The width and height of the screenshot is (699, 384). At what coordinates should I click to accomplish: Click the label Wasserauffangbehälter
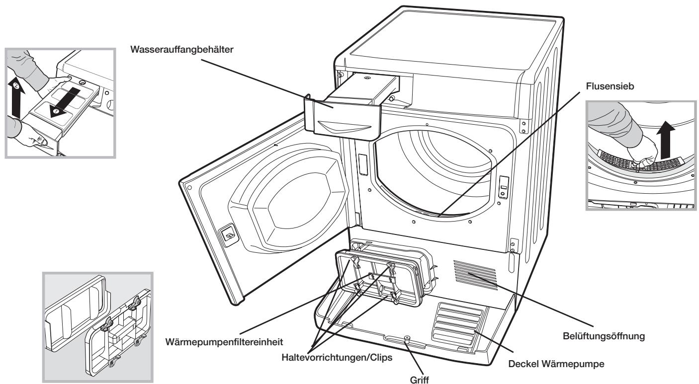coord(181,50)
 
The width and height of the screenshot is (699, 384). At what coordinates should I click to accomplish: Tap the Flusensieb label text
coord(610,86)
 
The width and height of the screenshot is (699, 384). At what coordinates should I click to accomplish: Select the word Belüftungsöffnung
coord(604,336)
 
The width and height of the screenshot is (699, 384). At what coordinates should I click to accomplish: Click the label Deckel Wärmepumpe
coord(556,364)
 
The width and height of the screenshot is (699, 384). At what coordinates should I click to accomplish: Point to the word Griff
coord(419,380)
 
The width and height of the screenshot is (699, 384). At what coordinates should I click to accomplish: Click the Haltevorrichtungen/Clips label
coord(337,357)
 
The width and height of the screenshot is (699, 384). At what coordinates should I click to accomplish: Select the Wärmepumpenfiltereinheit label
coord(224,342)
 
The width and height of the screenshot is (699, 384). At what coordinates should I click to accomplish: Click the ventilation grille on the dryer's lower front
coord(475,274)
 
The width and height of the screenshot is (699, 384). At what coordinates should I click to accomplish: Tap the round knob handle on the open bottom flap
coord(407,338)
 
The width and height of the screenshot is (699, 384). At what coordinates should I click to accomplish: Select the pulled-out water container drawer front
coord(343,120)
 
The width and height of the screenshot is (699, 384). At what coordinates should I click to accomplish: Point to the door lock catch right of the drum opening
coord(503,187)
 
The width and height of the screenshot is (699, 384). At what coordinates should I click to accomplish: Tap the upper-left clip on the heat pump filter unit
coord(355,261)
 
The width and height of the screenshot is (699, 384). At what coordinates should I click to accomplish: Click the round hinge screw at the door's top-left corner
coord(189,187)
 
